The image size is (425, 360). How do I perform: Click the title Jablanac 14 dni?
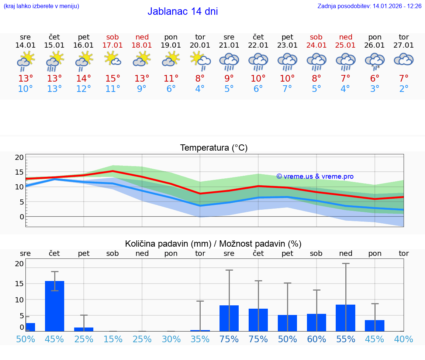(x=183, y=11)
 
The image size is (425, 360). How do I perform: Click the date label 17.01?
(x=113, y=45)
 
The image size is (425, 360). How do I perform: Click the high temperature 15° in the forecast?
(x=113, y=78)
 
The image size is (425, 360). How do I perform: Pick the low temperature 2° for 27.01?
(x=404, y=89)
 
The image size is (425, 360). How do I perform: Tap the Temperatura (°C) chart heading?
(x=214, y=148)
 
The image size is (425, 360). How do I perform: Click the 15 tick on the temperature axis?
(x=19, y=172)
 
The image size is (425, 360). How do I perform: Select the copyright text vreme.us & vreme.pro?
(x=315, y=176)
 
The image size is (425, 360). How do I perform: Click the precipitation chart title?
(x=213, y=244)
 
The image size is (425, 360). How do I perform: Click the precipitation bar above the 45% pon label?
(x=375, y=325)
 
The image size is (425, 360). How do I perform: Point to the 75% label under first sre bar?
(x=229, y=339)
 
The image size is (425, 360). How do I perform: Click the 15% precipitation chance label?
(x=113, y=339)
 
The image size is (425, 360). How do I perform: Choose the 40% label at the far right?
(x=404, y=339)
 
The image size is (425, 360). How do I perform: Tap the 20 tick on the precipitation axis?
(x=19, y=264)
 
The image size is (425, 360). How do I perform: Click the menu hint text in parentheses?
(x=41, y=6)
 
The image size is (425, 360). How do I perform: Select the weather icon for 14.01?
(x=25, y=61)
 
